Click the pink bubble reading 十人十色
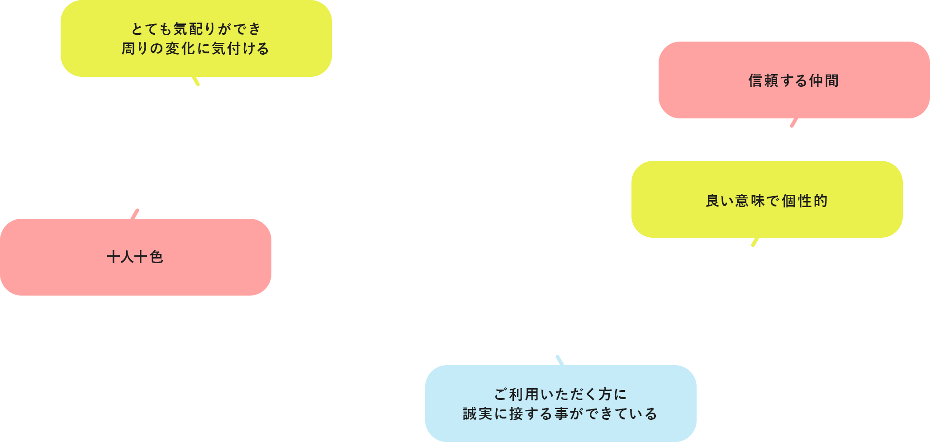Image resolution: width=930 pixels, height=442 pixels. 136,257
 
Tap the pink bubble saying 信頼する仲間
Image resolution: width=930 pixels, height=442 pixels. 794,80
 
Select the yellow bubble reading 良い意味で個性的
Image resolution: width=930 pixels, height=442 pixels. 767,199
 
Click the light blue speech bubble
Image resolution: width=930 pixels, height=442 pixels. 561,404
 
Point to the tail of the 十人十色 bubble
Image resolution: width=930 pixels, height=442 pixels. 135,214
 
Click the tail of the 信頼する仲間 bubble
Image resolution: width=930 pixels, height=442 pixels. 794,122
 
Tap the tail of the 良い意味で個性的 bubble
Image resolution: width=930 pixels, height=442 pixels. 755,242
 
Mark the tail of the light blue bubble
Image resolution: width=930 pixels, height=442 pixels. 560,360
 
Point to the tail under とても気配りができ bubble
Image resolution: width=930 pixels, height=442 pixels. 195,81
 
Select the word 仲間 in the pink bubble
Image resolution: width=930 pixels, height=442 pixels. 824,81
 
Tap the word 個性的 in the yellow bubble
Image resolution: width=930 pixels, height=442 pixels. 805,201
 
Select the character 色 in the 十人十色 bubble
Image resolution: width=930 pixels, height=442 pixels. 156,257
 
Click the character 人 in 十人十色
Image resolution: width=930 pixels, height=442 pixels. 128,257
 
